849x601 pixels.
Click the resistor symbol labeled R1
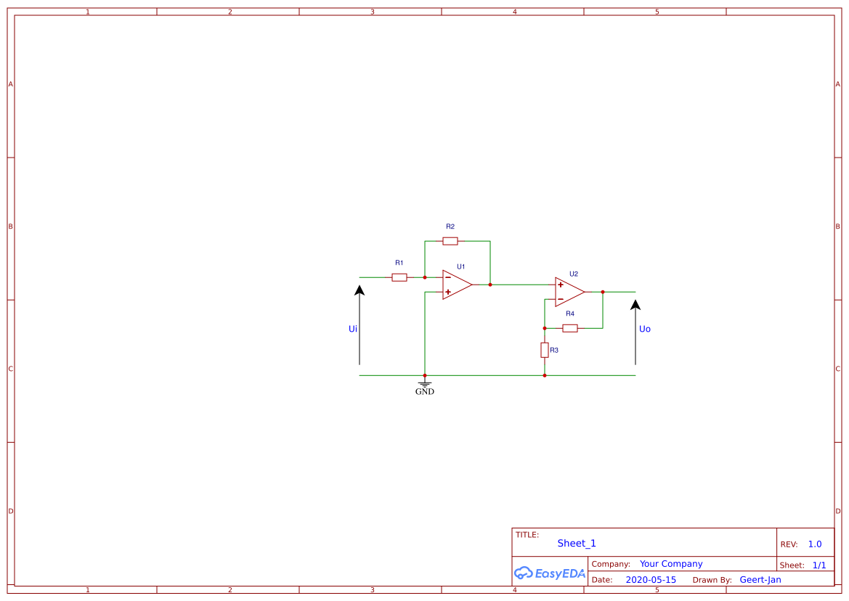coord(399,277)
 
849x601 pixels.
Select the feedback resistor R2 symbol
coord(450,241)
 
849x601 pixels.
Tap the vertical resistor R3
coord(545,351)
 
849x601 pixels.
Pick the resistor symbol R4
coord(570,328)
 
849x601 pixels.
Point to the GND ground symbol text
coord(425,392)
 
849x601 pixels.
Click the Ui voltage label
coord(353,329)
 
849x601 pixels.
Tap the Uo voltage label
coord(645,329)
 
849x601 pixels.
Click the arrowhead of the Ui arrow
coord(359,290)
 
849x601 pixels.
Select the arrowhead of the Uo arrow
coord(635,305)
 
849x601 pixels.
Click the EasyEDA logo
coord(550,573)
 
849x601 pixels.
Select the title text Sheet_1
coord(577,543)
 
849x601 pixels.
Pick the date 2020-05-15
coord(651,580)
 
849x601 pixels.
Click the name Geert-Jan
coord(760,580)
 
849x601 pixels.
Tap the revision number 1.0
coord(815,544)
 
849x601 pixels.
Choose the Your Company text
coord(671,564)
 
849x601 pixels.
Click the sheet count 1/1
coord(819,565)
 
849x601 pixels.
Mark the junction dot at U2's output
coord(603,292)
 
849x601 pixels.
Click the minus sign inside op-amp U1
coord(448,277)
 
